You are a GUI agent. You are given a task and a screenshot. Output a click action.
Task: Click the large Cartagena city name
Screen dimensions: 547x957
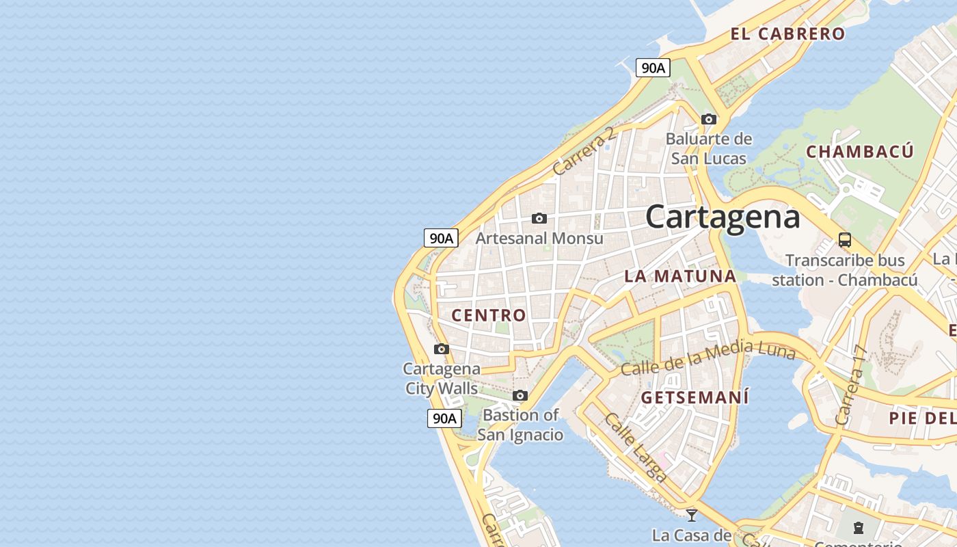tap(723, 217)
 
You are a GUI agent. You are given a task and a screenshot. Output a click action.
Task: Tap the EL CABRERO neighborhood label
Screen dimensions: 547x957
tap(787, 34)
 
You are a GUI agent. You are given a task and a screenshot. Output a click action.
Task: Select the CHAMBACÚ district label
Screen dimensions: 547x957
tap(859, 152)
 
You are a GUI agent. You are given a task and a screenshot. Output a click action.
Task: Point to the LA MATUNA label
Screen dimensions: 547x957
tap(680, 276)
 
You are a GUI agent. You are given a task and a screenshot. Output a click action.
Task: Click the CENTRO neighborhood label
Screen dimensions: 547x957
tap(489, 315)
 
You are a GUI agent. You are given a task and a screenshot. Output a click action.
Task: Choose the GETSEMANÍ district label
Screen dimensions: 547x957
tap(695, 397)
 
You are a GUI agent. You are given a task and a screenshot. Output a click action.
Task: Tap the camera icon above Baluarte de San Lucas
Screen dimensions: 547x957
tap(709, 119)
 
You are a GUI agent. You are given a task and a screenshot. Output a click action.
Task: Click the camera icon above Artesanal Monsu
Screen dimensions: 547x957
tap(539, 218)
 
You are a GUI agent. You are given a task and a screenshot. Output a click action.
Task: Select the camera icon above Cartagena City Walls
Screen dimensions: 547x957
tap(442, 349)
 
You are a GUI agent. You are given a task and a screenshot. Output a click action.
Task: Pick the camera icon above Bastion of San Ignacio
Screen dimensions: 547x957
tap(520, 395)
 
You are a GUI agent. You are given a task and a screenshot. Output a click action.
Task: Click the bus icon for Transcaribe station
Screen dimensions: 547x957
tap(845, 240)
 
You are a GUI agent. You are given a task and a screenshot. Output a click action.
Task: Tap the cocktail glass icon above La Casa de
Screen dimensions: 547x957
tap(692, 515)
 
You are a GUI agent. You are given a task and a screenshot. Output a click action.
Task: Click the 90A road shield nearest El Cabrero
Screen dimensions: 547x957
tap(653, 68)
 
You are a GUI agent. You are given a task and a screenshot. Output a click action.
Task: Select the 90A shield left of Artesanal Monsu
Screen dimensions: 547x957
tap(441, 238)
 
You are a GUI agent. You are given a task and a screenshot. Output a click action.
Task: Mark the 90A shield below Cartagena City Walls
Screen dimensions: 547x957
tap(444, 418)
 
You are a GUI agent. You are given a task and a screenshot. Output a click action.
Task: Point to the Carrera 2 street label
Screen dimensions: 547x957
tap(584, 150)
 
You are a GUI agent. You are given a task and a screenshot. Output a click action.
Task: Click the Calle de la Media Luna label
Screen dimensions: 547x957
tap(707, 358)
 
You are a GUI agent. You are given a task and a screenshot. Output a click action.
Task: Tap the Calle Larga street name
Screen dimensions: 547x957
tap(636, 448)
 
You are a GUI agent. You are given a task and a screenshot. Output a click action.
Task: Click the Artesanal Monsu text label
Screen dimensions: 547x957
tap(539, 239)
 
